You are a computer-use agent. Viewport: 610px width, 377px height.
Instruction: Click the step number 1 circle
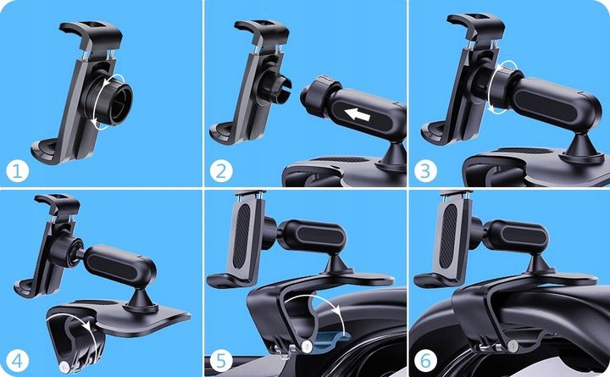[x=18, y=171]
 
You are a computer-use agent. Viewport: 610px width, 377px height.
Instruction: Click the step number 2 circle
[x=221, y=171]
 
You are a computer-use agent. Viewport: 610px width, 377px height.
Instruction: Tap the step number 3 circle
[x=425, y=171]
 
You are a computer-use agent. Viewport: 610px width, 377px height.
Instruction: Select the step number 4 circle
[x=18, y=361]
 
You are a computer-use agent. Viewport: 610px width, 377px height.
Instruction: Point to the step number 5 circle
[x=221, y=361]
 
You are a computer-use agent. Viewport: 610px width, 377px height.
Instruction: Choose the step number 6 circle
[x=425, y=361]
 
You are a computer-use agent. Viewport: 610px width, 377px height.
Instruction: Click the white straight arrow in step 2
[x=358, y=114]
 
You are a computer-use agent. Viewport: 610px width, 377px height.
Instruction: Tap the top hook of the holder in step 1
[x=91, y=33]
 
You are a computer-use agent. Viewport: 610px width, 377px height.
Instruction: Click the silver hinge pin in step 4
[x=64, y=367]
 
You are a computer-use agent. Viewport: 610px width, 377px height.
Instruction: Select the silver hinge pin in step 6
[x=513, y=344]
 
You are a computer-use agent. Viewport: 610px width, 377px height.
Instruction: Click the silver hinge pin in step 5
[x=308, y=346]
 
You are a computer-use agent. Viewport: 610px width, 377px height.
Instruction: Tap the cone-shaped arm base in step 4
[x=140, y=300]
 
